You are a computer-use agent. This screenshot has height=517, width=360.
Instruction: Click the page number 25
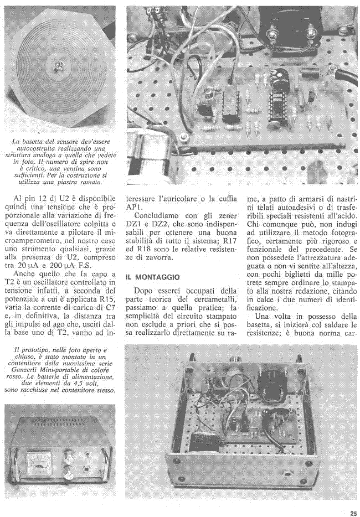coord(353,513)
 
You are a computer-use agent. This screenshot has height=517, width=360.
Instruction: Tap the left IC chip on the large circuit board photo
coord(229,105)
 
